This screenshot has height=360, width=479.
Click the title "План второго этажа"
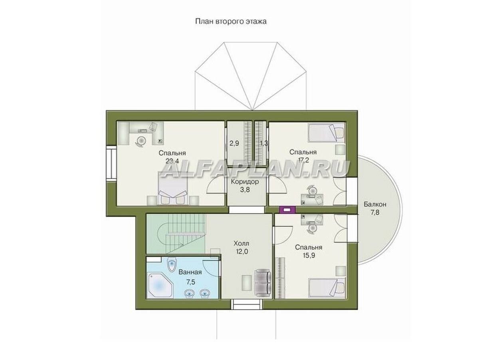[231, 22]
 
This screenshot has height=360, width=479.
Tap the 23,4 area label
[172, 161]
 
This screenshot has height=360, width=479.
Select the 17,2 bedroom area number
[303, 160]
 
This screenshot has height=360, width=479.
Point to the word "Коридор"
[245, 181]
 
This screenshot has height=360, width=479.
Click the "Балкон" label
[375, 204]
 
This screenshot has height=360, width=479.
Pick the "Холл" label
[241, 243]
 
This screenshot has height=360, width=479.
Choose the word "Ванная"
[190, 272]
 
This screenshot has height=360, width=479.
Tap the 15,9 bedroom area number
[309, 255]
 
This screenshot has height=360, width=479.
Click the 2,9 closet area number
[234, 143]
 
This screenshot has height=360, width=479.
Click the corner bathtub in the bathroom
[160, 285]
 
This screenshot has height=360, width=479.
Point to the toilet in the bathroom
[172, 265]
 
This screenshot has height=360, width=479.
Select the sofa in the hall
[263, 283]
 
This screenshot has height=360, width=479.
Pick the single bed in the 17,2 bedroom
[326, 133]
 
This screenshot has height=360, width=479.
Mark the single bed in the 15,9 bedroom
[327, 287]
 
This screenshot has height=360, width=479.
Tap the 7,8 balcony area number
[375, 212]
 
